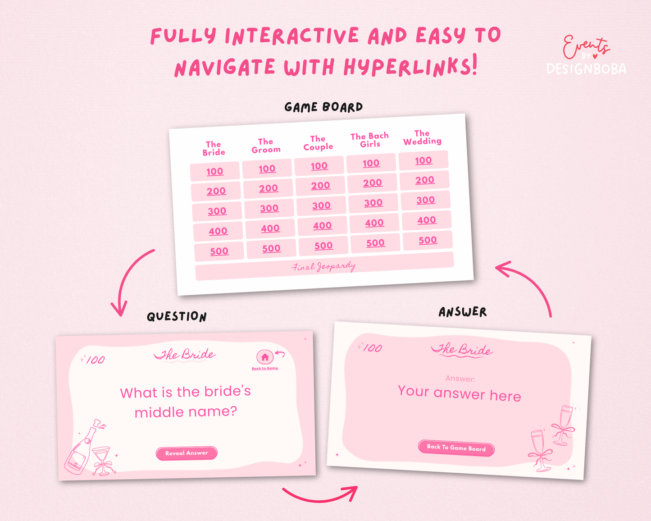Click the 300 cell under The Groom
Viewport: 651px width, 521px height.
pyautogui.click(x=269, y=209)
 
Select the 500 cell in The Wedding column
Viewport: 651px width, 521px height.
pyautogui.click(x=428, y=240)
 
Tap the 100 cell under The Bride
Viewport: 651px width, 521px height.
pyautogui.click(x=215, y=171)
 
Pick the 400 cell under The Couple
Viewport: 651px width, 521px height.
pyautogui.click(x=322, y=226)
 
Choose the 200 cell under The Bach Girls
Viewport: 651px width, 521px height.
pyautogui.click(x=373, y=183)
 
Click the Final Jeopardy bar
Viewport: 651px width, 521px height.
pyautogui.click(x=324, y=266)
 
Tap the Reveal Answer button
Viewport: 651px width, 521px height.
pyautogui.click(x=187, y=453)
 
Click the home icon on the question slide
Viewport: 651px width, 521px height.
pyautogui.click(x=265, y=357)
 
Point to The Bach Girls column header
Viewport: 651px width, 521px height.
pyautogui.click(x=370, y=140)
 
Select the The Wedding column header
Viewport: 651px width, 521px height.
pyautogui.click(x=422, y=137)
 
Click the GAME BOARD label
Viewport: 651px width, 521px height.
pyautogui.click(x=323, y=107)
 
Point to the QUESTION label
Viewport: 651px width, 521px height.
pyautogui.click(x=177, y=316)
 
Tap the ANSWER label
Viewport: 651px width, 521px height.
pyautogui.click(x=463, y=312)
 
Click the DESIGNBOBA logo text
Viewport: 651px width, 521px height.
pyautogui.click(x=586, y=69)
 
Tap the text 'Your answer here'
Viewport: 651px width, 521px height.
pyautogui.click(x=460, y=393)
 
